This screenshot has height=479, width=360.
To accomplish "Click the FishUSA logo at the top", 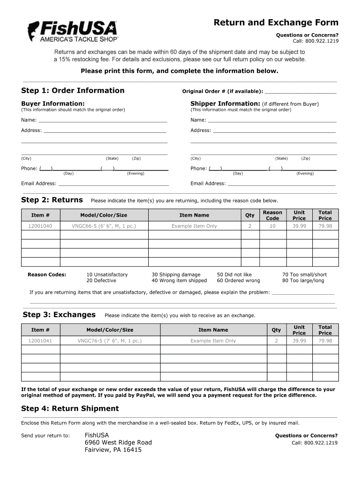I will tap(72, 32).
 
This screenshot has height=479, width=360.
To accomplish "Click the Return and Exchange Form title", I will tap(276, 23).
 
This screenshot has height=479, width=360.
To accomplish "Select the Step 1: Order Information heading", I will tap(73, 90).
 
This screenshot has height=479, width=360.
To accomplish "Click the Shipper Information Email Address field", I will tap(281, 183).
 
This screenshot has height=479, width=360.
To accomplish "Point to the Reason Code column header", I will tap(272, 215).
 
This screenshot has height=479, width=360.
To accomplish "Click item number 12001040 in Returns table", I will tap(41, 226).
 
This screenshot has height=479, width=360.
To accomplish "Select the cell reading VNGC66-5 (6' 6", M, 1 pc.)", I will tap(104, 226).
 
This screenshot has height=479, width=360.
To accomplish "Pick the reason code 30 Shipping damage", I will tap(176, 275).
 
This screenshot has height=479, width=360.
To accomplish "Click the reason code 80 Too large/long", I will tap(303, 281).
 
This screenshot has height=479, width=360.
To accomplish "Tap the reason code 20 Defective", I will tap(101, 281).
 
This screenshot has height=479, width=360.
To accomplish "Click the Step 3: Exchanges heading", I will tap(59, 314).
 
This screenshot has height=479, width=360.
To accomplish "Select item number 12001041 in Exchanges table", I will tap(41, 341).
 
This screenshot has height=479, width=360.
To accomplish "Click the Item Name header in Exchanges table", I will tap(213, 330).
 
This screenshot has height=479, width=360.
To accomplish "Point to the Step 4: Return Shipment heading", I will tap(70, 408).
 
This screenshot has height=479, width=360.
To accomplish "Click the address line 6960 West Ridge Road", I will tap(118, 443).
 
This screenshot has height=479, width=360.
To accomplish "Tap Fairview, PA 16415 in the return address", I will tap(113, 450).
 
